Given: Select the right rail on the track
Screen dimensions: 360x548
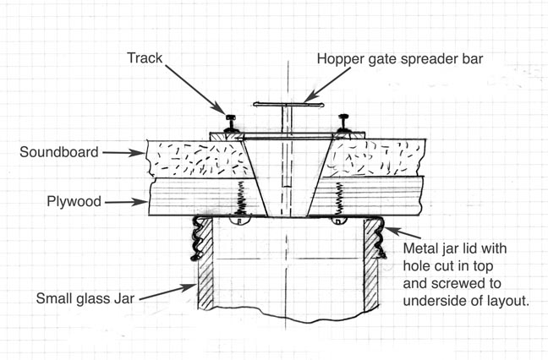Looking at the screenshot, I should (x=343, y=123).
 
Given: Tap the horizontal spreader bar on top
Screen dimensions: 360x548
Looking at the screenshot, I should (x=287, y=105).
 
